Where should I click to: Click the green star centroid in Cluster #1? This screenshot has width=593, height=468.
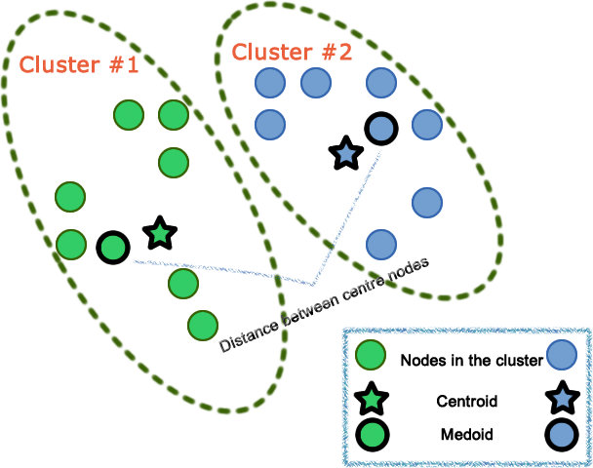click(160, 233)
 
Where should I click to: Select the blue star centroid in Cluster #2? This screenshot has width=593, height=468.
click(344, 152)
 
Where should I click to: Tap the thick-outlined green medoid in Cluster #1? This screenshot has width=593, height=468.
click(113, 248)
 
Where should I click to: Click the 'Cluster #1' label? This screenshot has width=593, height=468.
click(79, 65)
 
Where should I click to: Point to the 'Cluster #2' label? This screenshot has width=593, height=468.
click(294, 51)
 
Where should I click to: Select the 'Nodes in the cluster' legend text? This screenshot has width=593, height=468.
click(471, 360)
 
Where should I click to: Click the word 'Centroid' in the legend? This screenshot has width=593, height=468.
click(468, 401)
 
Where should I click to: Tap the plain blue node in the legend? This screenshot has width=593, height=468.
click(563, 357)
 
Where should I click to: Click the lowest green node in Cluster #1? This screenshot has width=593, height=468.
click(201, 324)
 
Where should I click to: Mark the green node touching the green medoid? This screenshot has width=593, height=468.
click(71, 244)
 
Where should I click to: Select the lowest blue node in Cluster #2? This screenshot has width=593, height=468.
click(380, 243)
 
